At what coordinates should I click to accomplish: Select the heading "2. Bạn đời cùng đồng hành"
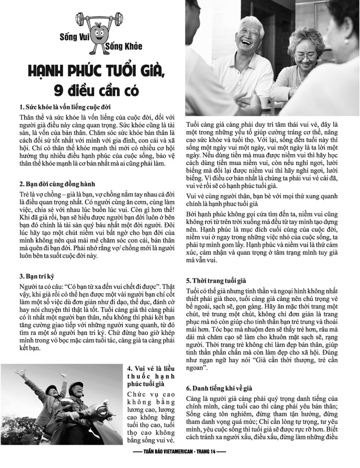pyautogui.click(x=58, y=184)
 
